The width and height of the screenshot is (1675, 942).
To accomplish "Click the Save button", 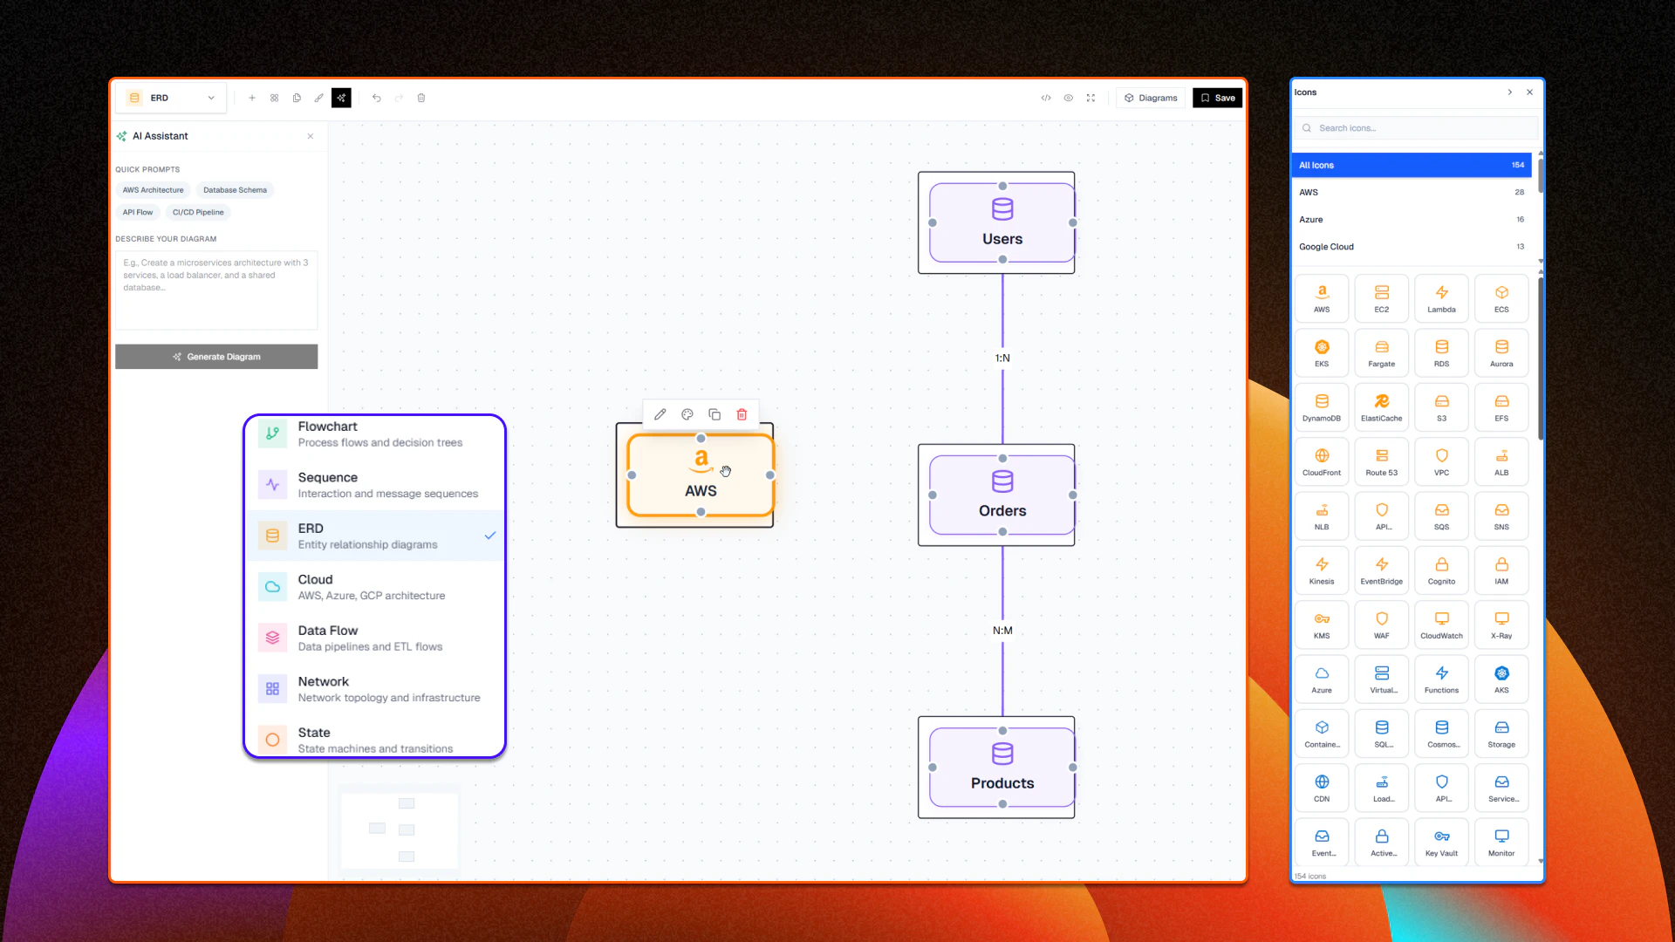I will [x=1217, y=98].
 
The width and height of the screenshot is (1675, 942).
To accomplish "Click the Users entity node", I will [x=1002, y=223].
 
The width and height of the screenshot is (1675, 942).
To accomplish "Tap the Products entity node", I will [x=1002, y=768].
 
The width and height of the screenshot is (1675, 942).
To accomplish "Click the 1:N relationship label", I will [x=1002, y=358].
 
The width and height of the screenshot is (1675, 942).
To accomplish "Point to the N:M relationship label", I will [x=1002, y=631].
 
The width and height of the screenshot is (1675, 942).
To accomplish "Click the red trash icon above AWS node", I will [x=742, y=414].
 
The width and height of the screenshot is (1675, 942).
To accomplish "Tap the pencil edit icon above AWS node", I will [x=660, y=414].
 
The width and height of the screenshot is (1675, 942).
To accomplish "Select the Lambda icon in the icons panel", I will [x=1441, y=298].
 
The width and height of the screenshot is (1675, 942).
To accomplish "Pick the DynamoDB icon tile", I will [x=1322, y=407].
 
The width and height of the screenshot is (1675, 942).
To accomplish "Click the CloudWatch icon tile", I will [x=1441, y=625].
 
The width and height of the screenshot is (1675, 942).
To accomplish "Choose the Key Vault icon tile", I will [x=1441, y=843].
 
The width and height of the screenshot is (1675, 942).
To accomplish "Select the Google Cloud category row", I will [x=1410, y=247].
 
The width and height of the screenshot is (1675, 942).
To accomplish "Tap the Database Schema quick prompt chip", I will [x=235, y=190].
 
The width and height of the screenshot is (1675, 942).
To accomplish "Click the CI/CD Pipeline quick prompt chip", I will [x=198, y=212].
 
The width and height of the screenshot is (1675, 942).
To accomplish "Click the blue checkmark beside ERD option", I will [x=490, y=536].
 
